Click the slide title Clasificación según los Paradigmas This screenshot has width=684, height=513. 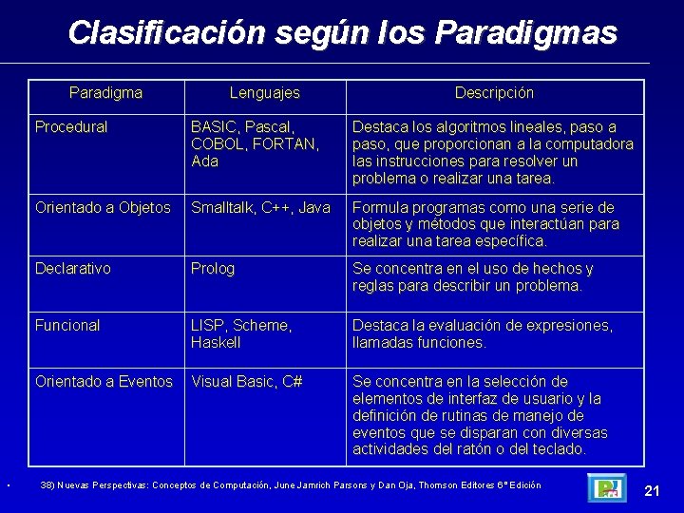coord(342,33)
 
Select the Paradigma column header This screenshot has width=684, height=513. coord(106,93)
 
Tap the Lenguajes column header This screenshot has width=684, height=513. coord(264,93)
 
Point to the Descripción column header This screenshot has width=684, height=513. coord(494,93)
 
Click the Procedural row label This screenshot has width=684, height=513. coord(71,126)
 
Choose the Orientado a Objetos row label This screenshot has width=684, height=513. coord(103,207)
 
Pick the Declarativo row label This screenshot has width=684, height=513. coord(72,269)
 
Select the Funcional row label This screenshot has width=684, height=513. coord(66,325)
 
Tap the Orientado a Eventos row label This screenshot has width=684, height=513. coord(104,382)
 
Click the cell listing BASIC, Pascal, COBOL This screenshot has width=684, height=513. coord(255,143)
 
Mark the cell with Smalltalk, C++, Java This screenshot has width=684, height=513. coord(260,207)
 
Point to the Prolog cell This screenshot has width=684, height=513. coord(212,269)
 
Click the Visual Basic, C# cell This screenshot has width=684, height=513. coord(246,382)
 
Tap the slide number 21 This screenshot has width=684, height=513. coord(652,490)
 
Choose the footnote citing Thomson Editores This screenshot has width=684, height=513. coord(290,485)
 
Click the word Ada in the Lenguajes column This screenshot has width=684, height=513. coord(204,161)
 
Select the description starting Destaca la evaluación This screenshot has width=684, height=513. coord(482,333)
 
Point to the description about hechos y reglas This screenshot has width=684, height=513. coord(473,277)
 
